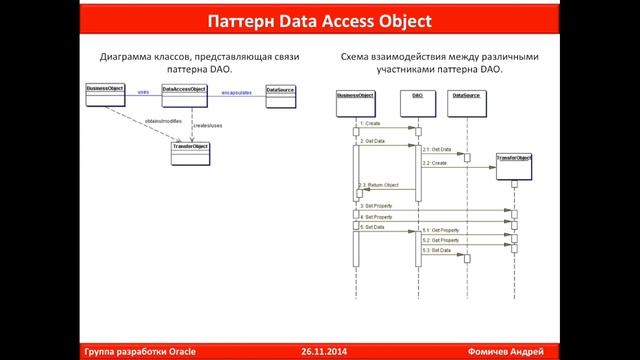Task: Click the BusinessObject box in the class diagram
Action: coord(106,91)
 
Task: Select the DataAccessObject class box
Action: coord(184,91)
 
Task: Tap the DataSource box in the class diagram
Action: coord(281,91)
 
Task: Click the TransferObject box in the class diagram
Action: coord(190,148)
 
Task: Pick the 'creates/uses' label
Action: coord(208,125)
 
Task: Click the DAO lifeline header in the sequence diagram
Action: coord(417,95)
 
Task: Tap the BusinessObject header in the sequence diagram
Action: coord(355,95)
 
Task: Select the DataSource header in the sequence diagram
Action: coord(466,95)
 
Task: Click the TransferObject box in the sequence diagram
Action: coord(514,158)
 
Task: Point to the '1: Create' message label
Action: coord(370,124)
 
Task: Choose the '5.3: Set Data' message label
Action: coord(436,250)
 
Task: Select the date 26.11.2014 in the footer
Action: coord(322,352)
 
